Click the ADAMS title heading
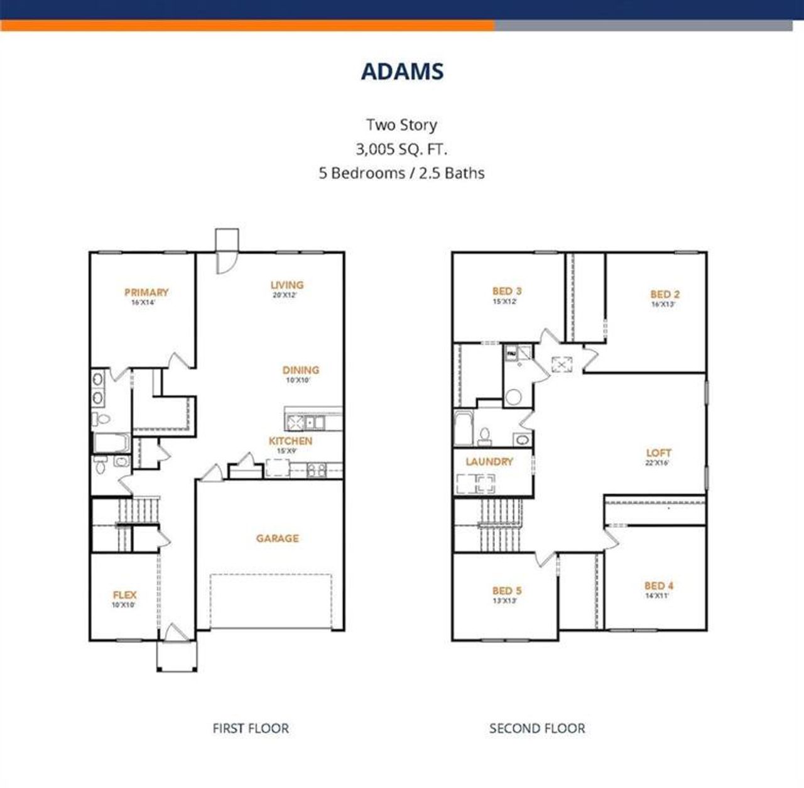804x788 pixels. pos(402,72)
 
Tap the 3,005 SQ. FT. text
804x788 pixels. pos(401,149)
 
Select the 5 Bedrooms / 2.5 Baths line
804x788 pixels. pos(401,173)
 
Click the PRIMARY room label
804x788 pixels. pos(146,292)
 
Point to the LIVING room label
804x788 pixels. pos(286,285)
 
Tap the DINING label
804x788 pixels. pos(300,370)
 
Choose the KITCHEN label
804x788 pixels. pos(290,441)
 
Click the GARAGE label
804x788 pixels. pos(277,539)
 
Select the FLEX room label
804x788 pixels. pos(124,595)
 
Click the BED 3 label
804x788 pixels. pos(506,291)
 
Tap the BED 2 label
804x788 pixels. pos(665,294)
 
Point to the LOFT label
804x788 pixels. pos(658,452)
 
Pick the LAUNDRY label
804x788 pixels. pos(489,461)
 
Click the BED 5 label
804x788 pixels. pos(506,591)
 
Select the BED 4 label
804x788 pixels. pos(658,586)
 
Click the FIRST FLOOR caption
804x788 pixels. pos(251,728)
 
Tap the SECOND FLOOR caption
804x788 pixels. pos(537,728)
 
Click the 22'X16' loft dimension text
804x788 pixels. pos(657,463)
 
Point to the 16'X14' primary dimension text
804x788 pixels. pos(143,302)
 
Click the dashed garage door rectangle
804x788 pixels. pos(271,601)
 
